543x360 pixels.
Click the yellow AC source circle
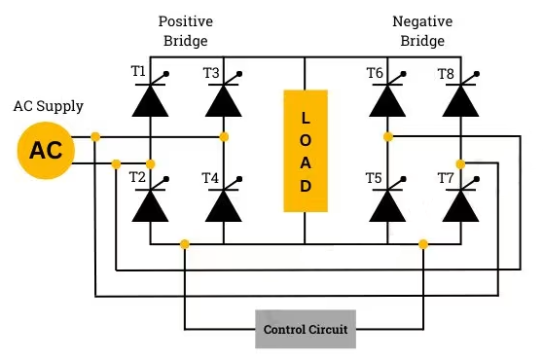click(46, 150)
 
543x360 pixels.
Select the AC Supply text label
click(49, 106)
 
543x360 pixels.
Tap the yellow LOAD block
click(306, 150)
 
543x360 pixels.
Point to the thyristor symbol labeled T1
click(151, 99)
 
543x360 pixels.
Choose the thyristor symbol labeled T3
click(225, 99)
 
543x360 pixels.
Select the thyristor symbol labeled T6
click(388, 99)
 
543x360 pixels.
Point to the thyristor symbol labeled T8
click(461, 99)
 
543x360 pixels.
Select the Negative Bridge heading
click(421, 30)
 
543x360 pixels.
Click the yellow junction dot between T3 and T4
click(225, 136)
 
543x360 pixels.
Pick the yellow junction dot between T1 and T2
click(151, 162)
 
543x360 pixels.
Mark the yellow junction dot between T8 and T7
click(461, 162)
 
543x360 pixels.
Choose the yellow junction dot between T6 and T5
click(388, 136)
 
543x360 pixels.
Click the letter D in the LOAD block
click(306, 185)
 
